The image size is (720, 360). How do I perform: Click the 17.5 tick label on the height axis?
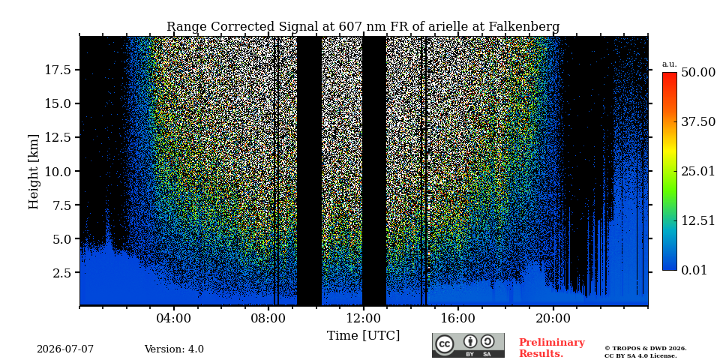tap(58, 70)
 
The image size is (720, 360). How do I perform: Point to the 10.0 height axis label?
tap(58, 171)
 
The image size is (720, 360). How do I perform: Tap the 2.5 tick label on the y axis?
tap(62, 273)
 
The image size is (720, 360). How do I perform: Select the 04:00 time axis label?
tap(174, 319)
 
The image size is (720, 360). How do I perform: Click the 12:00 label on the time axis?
tap(363, 319)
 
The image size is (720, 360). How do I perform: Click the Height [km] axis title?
tap(34, 172)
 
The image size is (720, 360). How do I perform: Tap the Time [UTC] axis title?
tap(363, 336)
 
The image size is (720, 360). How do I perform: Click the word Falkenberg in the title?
tap(524, 27)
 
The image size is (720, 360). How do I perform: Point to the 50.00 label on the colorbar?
tap(698, 73)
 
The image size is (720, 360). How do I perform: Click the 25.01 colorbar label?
tap(698, 172)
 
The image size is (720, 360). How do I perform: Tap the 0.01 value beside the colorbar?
tap(694, 270)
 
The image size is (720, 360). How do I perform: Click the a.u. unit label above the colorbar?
tap(669, 64)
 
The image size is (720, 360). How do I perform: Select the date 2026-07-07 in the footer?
tap(65, 349)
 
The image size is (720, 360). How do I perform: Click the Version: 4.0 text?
tap(174, 349)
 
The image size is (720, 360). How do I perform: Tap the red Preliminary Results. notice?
tap(552, 348)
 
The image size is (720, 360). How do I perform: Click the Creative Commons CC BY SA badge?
tap(468, 345)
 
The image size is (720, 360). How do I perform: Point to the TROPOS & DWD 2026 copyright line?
tap(646, 349)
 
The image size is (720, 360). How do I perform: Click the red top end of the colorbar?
tap(670, 73)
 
